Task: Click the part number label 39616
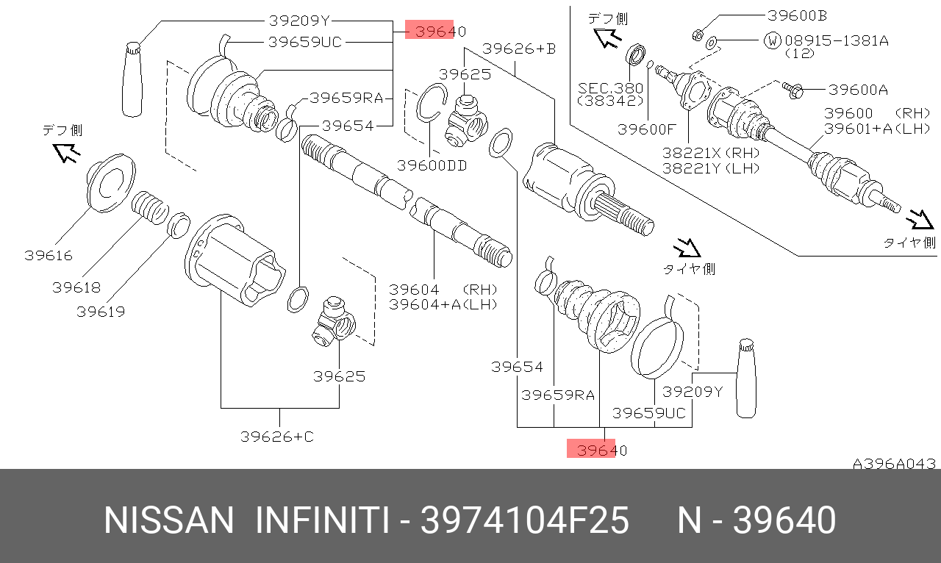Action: pyautogui.click(x=49, y=256)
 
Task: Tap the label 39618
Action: pyautogui.click(x=76, y=287)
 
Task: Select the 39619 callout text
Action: pyautogui.click(x=101, y=312)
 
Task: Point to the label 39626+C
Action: pyautogui.click(x=277, y=437)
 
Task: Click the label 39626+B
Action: pyautogui.click(x=519, y=49)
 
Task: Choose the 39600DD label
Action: pyautogui.click(x=432, y=166)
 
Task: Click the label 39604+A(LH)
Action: pyautogui.click(x=443, y=304)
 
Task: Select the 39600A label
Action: pyautogui.click(x=858, y=90)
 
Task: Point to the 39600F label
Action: pyautogui.click(x=646, y=129)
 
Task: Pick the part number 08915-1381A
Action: pyautogui.click(x=837, y=40)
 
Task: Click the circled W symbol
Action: pyautogui.click(x=773, y=40)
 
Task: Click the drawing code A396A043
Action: pyautogui.click(x=894, y=464)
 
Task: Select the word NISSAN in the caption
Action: pyautogui.click(x=168, y=521)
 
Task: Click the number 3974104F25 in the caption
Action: pyautogui.click(x=524, y=521)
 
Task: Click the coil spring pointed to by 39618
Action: pyautogui.click(x=150, y=206)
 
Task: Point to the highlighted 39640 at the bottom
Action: pyautogui.click(x=597, y=450)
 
